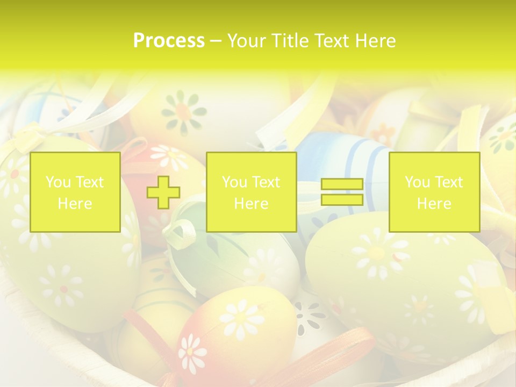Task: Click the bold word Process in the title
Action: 169,41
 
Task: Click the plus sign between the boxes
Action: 163,192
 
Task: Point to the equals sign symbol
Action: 342,192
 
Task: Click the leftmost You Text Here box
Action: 75,192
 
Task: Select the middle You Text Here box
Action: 251,192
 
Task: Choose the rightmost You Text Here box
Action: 434,192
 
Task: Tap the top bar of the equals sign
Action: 342,184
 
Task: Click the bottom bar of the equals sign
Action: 342,199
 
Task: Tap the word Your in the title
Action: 247,41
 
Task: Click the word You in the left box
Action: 58,182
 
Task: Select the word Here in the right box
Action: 434,203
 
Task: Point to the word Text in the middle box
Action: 266,182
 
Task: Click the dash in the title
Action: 216,41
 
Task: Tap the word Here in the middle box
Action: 251,203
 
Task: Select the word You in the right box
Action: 417,182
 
